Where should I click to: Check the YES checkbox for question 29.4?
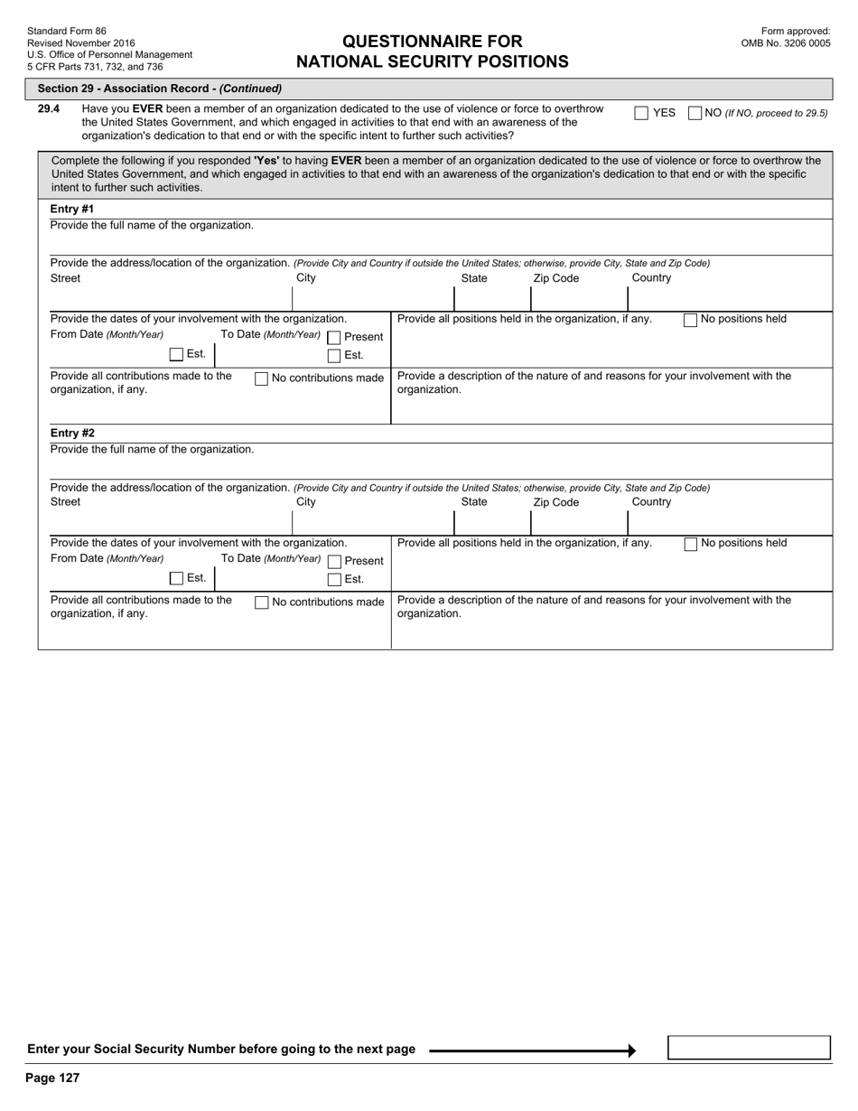click(x=641, y=113)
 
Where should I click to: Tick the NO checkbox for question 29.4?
click(x=695, y=113)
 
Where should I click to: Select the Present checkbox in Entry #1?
click(x=334, y=337)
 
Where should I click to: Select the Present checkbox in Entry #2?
click(x=334, y=561)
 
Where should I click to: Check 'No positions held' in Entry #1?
click(x=691, y=320)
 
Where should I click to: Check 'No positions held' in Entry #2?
click(x=691, y=544)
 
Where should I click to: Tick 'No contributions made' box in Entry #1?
click(x=262, y=378)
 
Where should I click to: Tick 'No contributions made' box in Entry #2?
click(x=262, y=602)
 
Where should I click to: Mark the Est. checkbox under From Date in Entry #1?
click(x=176, y=354)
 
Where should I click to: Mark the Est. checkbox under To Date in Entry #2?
click(x=334, y=580)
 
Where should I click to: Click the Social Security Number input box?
click(x=749, y=1048)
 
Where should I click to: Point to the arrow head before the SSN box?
click(x=631, y=1050)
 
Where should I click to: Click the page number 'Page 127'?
click(x=52, y=1078)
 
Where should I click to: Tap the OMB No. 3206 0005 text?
click(x=786, y=42)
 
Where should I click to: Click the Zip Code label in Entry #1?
click(x=556, y=278)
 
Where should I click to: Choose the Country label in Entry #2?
click(x=651, y=502)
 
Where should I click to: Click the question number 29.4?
click(x=49, y=109)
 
